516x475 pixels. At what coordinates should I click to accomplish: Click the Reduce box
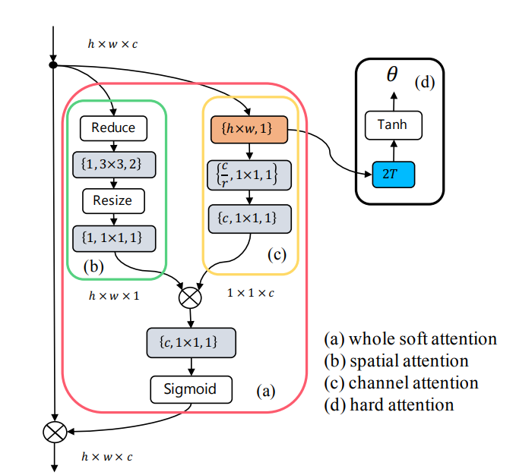113,128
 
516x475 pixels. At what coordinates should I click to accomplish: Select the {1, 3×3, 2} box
114,165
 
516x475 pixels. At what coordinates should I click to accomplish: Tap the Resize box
113,201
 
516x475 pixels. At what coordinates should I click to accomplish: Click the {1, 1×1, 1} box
114,238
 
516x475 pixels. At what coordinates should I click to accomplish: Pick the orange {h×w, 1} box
249,130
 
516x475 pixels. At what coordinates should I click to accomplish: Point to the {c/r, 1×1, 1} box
249,175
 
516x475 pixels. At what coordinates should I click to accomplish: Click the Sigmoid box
192,389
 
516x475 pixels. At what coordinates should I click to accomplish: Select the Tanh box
394,125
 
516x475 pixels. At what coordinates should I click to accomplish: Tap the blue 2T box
393,175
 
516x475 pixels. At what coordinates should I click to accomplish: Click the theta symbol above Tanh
392,74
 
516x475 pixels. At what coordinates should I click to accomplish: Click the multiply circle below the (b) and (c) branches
190,297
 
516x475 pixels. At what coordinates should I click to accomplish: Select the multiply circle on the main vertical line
55,432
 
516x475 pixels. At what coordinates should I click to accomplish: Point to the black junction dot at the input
53,65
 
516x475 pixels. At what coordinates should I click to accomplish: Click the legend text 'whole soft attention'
423,339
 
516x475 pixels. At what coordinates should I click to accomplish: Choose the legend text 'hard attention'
402,404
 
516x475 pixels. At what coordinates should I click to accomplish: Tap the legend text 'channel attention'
413,383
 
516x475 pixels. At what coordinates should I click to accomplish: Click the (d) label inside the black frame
425,82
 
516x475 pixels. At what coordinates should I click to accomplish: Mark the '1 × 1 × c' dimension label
251,293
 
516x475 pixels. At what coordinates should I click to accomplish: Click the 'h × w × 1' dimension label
114,296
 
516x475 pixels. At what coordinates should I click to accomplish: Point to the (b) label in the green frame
93,266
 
